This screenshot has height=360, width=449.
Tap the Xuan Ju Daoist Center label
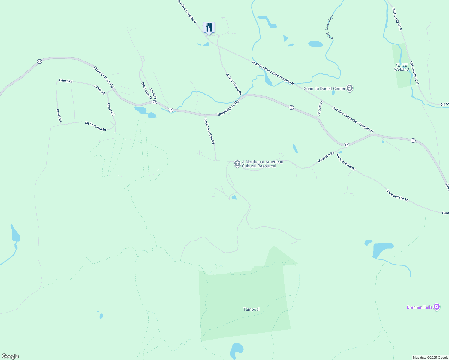(324, 88)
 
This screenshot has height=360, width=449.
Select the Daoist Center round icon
(350, 88)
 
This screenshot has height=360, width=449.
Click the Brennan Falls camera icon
(437, 307)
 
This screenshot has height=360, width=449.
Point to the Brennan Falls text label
(420, 307)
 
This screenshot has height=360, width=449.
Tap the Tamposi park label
(251, 309)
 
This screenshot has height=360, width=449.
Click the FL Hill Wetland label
(402, 67)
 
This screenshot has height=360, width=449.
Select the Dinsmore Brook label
(329, 27)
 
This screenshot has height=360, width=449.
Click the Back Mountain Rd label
(210, 131)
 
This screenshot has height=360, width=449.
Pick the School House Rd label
(234, 84)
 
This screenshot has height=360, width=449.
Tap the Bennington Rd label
(228, 108)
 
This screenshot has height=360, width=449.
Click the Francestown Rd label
(104, 77)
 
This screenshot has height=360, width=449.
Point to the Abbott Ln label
(320, 108)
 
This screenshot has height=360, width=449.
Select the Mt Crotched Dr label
(95, 126)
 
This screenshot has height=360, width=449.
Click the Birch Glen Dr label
(146, 91)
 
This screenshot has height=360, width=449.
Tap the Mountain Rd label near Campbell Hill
(326, 157)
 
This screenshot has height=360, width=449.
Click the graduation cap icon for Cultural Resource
(237, 164)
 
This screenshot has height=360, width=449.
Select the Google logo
(10, 356)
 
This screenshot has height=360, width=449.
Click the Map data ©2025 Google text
(430, 358)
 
